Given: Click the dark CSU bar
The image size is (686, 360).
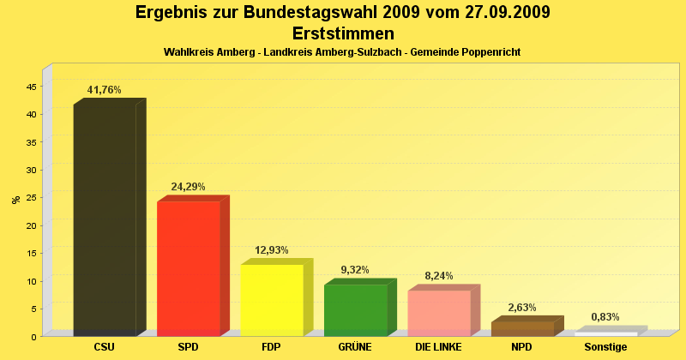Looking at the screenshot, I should pos(105,219).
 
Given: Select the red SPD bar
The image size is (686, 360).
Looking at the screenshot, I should pos(189,267).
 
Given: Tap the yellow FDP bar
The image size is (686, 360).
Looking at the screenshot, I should pos(272,299).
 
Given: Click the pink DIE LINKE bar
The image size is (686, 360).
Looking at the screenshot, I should pos(439,313).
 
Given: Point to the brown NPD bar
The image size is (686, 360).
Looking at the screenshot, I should pos(522,328).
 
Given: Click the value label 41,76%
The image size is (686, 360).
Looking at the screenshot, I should pos(105,90).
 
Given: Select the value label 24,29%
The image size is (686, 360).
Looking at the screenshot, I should pos(188,187).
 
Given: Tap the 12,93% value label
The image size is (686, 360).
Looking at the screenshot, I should pos(272,250).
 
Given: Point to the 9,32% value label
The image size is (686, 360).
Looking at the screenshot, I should pos(355,270).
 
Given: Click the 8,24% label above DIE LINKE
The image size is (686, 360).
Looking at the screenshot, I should pos(439,276).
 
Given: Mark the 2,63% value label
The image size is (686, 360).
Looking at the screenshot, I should pos(522,308).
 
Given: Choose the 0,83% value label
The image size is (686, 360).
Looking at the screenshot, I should pos(605,317).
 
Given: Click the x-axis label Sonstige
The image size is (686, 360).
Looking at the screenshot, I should pos(605,347).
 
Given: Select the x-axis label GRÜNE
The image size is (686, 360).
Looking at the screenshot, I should pos(355,347).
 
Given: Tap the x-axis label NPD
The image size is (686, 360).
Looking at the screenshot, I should pos(522,347).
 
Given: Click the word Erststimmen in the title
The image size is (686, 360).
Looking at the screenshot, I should pos(343,34).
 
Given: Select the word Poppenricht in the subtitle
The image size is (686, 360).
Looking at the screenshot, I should pos(491,53).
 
